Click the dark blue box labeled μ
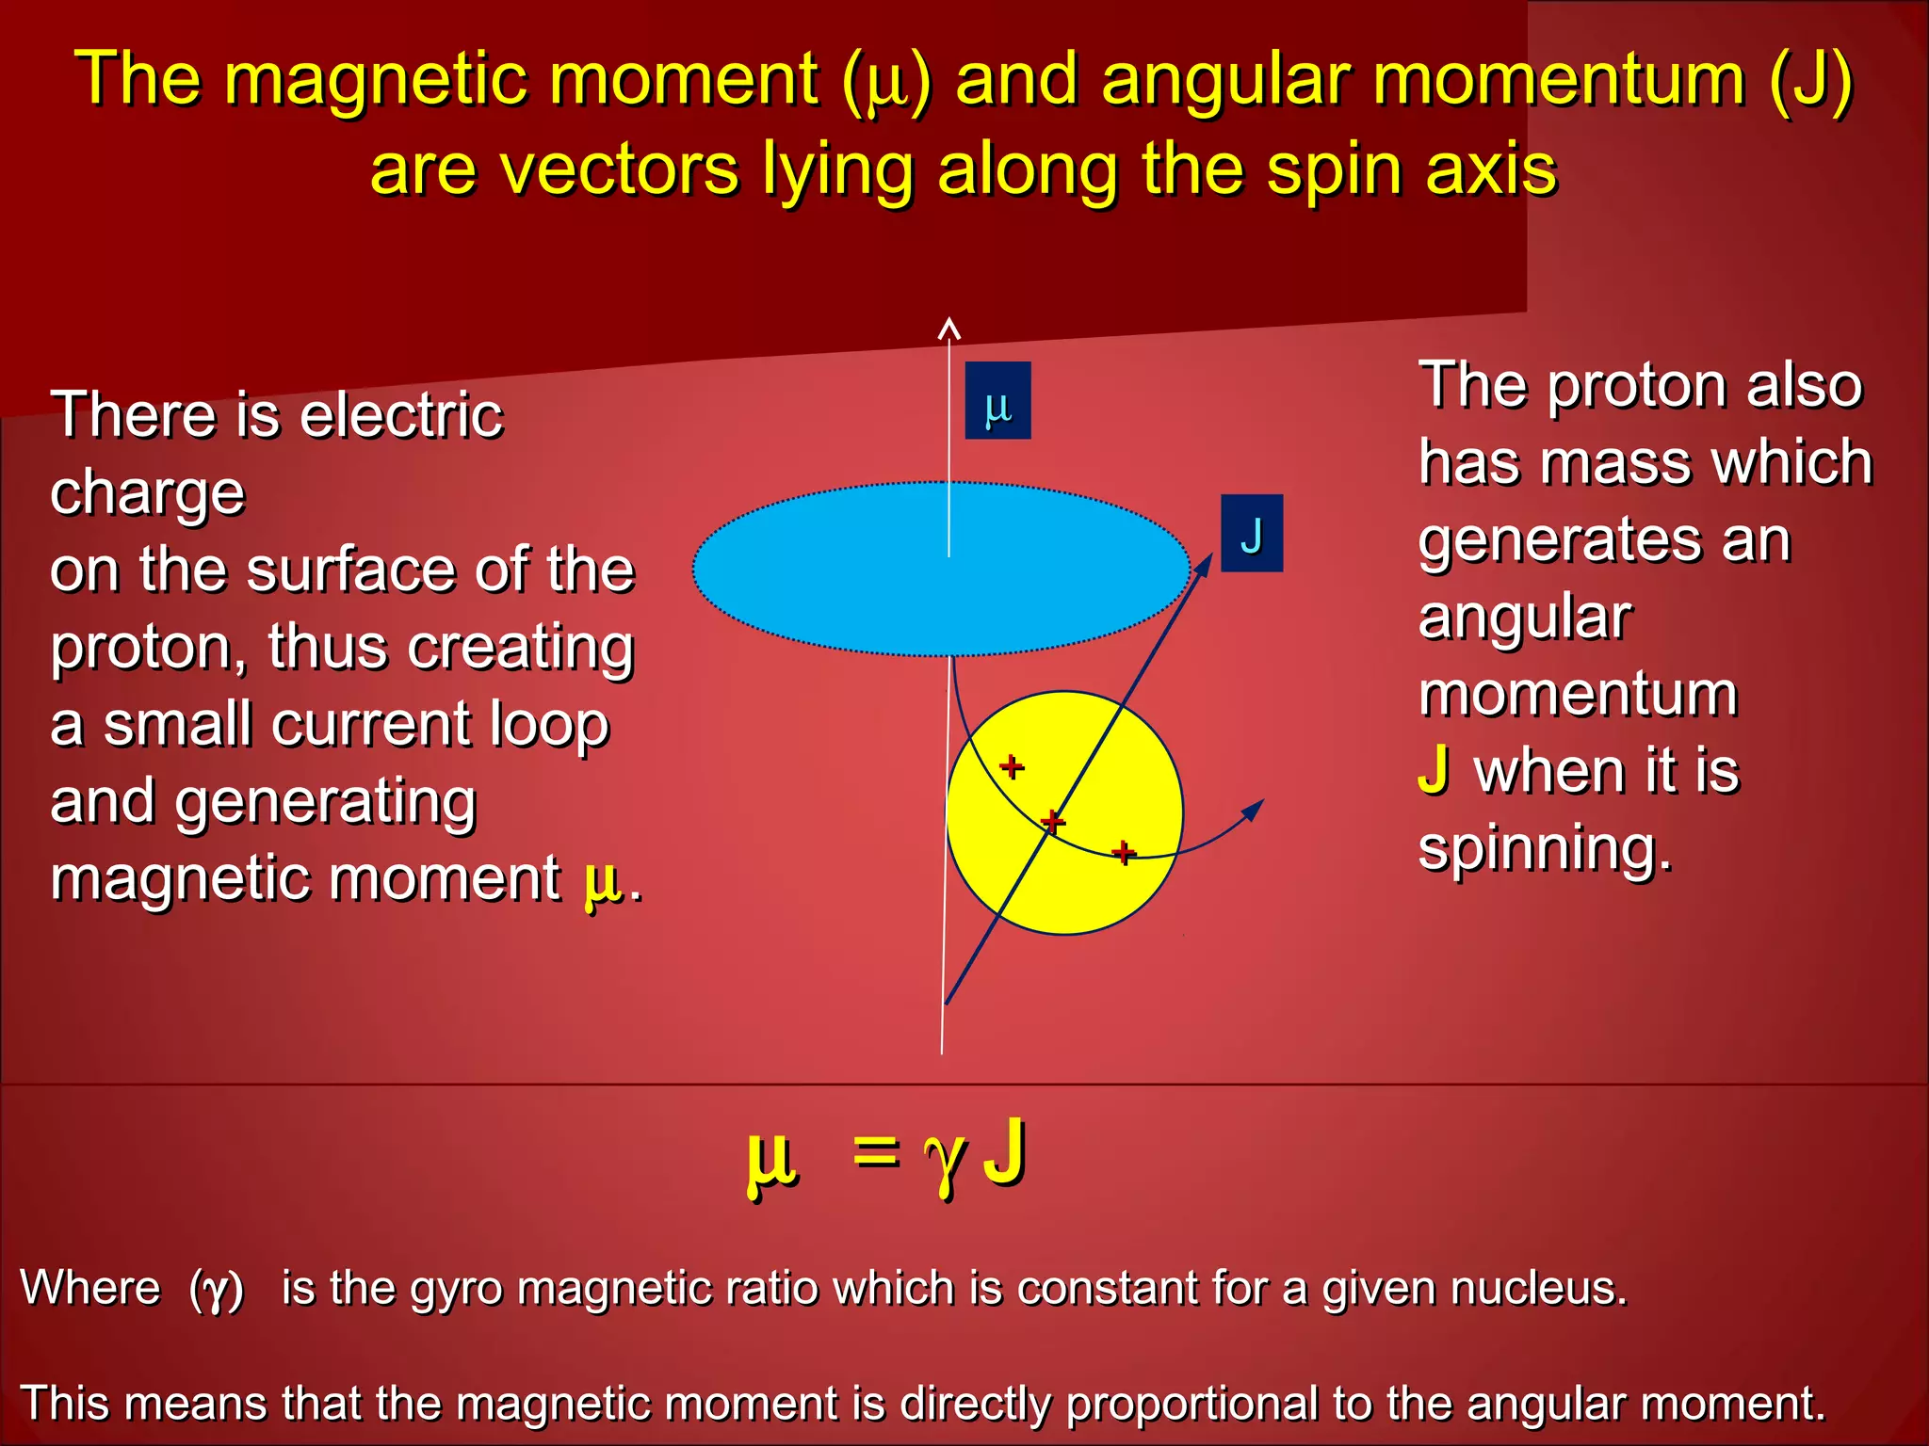997,400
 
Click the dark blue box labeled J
1251,533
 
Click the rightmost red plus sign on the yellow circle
1123,852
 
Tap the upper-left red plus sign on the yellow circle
1012,765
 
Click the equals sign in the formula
875,1150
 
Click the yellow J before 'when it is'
1434,770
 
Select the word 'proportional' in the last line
1192,1403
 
